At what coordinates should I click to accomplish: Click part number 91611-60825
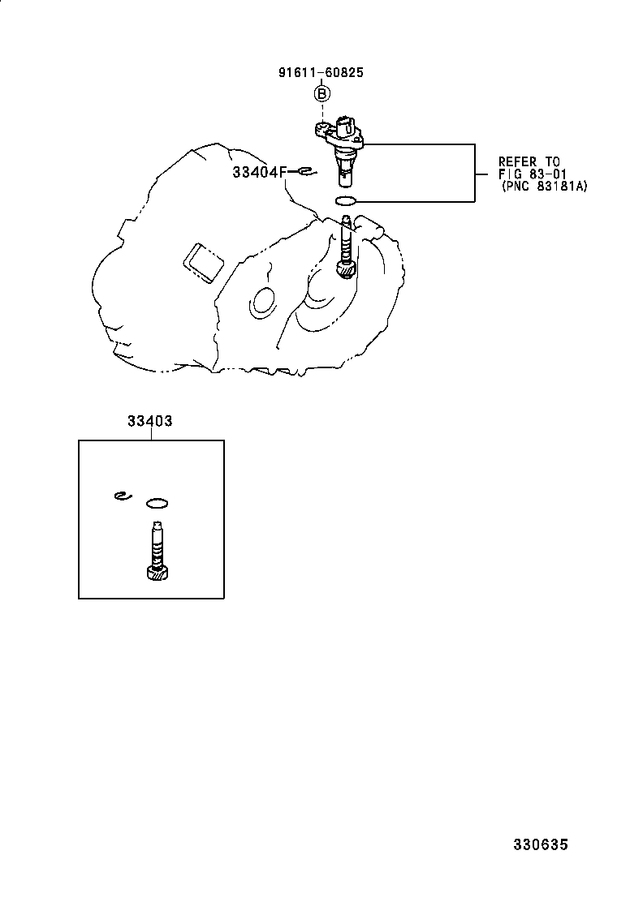tap(321, 72)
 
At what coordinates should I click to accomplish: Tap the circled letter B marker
tap(322, 95)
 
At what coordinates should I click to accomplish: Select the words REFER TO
tap(529, 162)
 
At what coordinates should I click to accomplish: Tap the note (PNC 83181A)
tap(543, 187)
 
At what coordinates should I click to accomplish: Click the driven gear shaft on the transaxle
tap(347, 248)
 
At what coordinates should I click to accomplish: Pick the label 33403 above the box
tap(149, 422)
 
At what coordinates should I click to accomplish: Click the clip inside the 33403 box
tap(123, 496)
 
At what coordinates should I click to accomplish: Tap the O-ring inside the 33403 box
tap(157, 503)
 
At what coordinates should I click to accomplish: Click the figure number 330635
tap(540, 845)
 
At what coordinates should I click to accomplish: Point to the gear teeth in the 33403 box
tap(157, 573)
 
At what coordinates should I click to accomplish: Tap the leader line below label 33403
tap(150, 434)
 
